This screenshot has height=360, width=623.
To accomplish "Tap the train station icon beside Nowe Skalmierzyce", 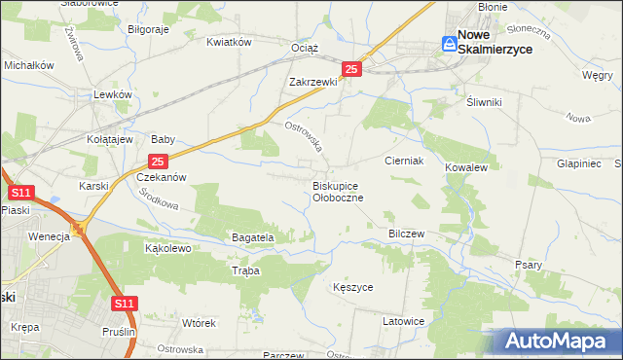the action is (x=449, y=43).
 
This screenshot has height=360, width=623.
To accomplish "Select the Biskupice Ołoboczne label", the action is (x=338, y=191).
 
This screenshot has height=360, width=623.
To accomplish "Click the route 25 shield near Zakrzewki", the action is (x=352, y=69).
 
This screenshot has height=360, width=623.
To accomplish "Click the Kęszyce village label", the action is (x=352, y=288).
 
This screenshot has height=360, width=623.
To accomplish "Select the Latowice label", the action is (x=403, y=321).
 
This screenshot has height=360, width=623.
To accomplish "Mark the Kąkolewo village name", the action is (x=167, y=248).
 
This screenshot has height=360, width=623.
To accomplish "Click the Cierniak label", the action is (x=403, y=161).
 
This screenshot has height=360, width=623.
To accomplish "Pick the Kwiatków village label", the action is (x=230, y=42).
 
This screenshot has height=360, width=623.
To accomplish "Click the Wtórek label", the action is (x=198, y=322).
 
